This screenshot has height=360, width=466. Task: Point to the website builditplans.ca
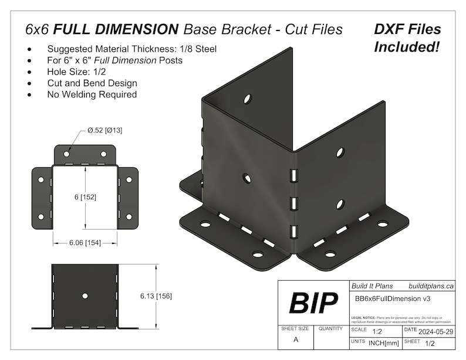pos(431,286)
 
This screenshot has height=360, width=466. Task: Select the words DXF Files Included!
pos(407,38)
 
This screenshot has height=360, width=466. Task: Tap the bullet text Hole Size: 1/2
pos(77,72)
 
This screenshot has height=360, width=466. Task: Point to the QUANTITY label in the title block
pos(330,329)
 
